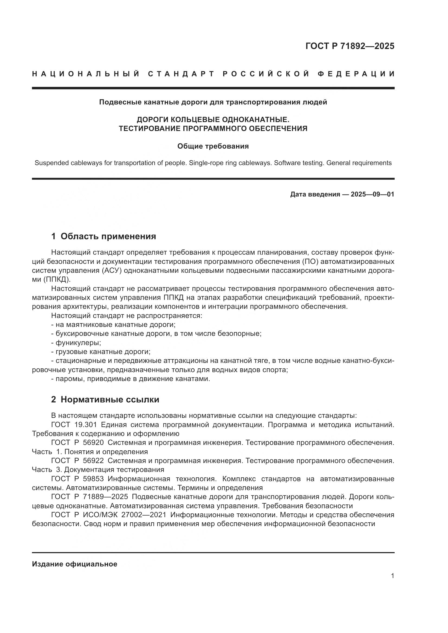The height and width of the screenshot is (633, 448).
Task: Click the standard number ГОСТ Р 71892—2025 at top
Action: click(350, 46)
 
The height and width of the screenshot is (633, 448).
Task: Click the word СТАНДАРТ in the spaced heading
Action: click(181, 74)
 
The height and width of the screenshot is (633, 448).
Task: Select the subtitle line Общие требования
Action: click(213, 146)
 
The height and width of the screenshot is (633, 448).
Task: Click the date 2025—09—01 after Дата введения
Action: click(372, 194)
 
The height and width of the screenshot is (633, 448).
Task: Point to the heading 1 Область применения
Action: click(104, 236)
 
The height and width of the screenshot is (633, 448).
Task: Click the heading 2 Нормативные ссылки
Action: click(105, 399)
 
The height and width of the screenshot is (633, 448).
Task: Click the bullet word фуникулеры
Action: click(78, 343)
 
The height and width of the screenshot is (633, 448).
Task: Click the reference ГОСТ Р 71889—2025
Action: click(90, 497)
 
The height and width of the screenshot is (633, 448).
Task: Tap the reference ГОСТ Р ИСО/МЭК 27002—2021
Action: click(109, 515)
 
